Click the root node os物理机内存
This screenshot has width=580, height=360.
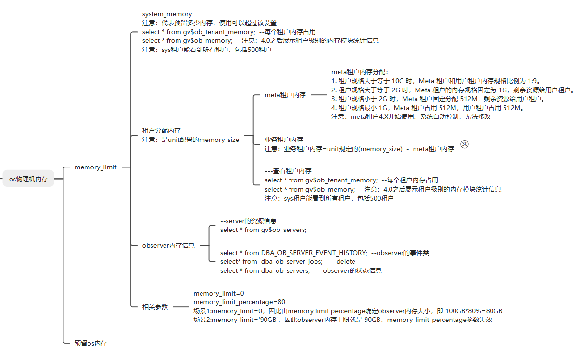coord(28,179)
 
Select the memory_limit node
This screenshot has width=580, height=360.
coord(96,167)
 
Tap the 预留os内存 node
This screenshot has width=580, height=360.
coord(90,343)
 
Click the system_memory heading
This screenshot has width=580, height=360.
coord(167,14)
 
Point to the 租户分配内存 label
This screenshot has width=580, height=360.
coord(161,130)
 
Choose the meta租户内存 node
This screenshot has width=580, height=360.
coord(285,95)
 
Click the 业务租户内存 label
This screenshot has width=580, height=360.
coord(284,140)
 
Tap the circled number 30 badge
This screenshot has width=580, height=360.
coord(465,144)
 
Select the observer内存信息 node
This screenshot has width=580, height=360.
coord(168,245)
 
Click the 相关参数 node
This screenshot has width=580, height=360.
coord(155,307)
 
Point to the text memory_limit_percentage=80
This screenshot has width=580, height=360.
coord(239,302)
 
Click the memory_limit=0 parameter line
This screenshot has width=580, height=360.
coord(219,293)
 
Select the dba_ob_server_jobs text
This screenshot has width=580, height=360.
coord(291,261)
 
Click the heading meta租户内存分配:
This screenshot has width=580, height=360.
coord(360,72)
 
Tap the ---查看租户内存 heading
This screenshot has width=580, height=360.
coord(288,171)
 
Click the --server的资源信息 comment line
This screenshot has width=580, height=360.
coord(248,221)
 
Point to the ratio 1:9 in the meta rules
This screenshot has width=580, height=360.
coord(532,81)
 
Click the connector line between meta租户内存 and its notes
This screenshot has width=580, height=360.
coord(319,95)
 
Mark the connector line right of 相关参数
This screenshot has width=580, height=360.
coord(181,307)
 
